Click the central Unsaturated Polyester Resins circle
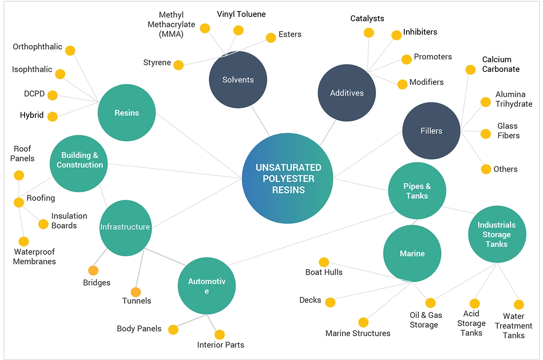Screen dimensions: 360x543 click(288, 179)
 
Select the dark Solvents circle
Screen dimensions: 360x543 click(238, 80)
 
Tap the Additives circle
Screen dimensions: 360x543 click(347, 93)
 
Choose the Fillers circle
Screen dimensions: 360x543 click(431, 131)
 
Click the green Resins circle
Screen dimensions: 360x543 click(127, 113)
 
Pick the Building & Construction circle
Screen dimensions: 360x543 click(79, 160)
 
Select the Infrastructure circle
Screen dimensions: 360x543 click(125, 227)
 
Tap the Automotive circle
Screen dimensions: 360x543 click(207, 285)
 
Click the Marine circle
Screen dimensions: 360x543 click(412, 253)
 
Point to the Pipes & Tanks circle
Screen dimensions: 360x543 click(417, 191)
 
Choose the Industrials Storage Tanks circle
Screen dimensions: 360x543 click(497, 235)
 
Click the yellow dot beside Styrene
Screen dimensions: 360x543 click(178, 65)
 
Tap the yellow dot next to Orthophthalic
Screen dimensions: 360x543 click(70, 51)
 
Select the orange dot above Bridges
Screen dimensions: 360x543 click(93, 270)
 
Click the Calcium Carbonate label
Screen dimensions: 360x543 click(501, 64)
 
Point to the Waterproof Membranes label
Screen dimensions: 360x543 click(34, 257)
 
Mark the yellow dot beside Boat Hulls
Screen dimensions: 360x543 click(324, 263)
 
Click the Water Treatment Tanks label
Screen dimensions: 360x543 click(513, 326)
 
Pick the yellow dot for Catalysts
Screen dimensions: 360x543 click(369, 32)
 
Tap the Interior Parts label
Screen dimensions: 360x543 click(220, 345)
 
